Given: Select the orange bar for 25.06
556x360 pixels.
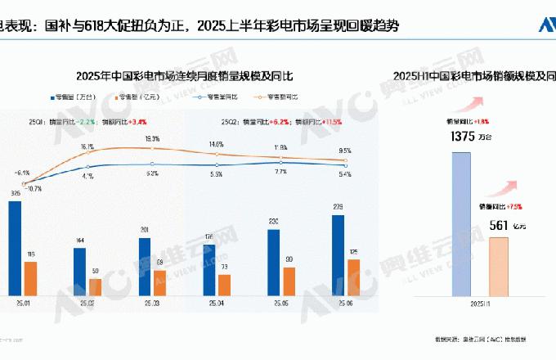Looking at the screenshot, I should (353, 277).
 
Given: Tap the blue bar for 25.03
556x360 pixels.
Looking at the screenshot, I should (145, 266).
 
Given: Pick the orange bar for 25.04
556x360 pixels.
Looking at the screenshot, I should (225, 284).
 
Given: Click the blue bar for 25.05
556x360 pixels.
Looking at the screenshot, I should (274, 262).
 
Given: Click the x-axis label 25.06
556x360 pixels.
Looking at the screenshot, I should (346, 302).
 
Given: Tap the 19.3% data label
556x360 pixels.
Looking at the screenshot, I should (152, 139).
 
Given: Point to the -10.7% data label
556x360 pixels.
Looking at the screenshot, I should (34, 188).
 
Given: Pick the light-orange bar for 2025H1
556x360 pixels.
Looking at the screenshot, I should (499, 266).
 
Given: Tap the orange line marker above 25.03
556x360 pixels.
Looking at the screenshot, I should (152, 148).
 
